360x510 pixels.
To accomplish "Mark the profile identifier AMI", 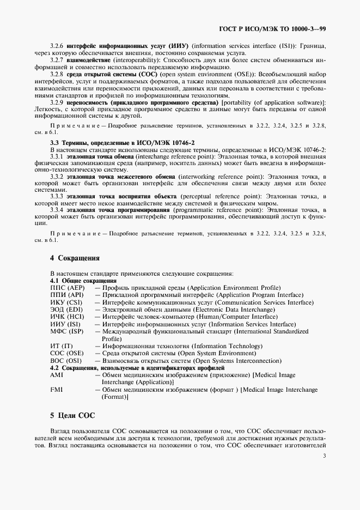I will [x=56, y=375].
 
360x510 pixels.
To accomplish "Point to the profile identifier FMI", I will [x=56, y=390].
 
